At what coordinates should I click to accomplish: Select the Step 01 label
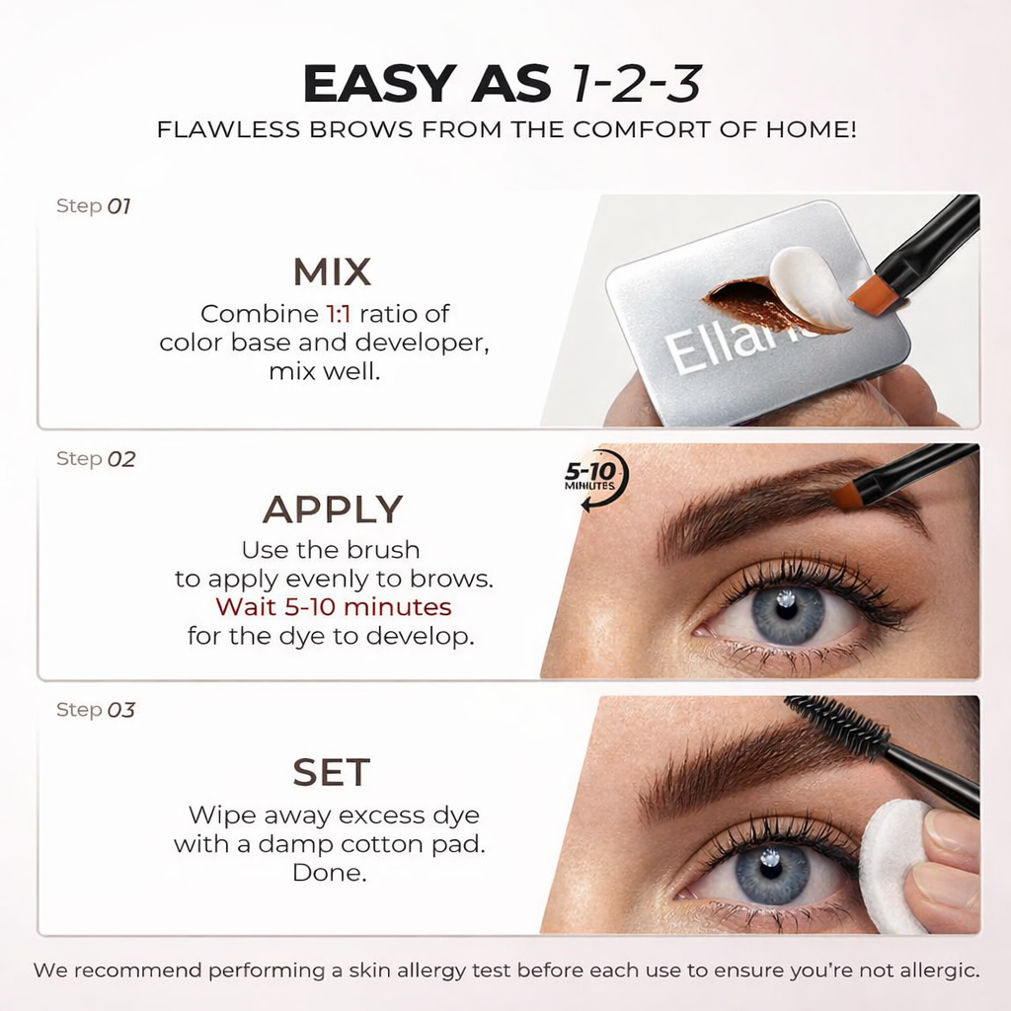click(94, 206)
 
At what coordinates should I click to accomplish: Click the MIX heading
click(332, 272)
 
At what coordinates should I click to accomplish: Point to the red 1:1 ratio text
click(338, 314)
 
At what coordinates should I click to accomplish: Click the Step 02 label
click(95, 459)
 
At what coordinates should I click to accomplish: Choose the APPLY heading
click(332, 509)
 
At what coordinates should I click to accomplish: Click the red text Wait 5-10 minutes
click(333, 606)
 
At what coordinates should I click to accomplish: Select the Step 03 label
click(95, 710)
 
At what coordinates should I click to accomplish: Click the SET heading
click(331, 773)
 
